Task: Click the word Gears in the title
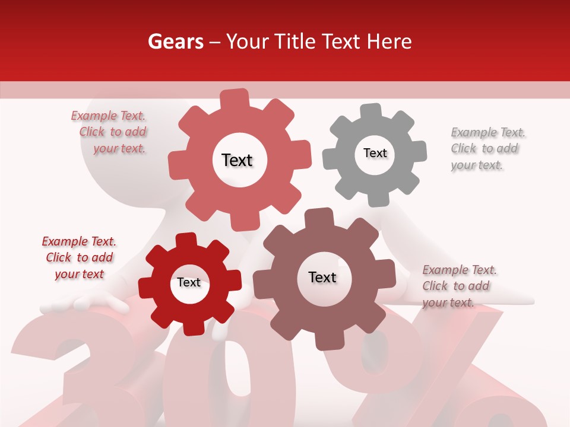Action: click(x=175, y=42)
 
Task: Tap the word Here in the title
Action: click(x=389, y=42)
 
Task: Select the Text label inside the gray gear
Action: click(x=375, y=153)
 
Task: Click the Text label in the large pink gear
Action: click(x=237, y=160)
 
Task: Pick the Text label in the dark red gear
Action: click(x=189, y=282)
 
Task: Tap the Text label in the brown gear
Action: click(x=322, y=277)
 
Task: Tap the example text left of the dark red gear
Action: click(x=80, y=257)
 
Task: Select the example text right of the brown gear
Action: click(x=458, y=286)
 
